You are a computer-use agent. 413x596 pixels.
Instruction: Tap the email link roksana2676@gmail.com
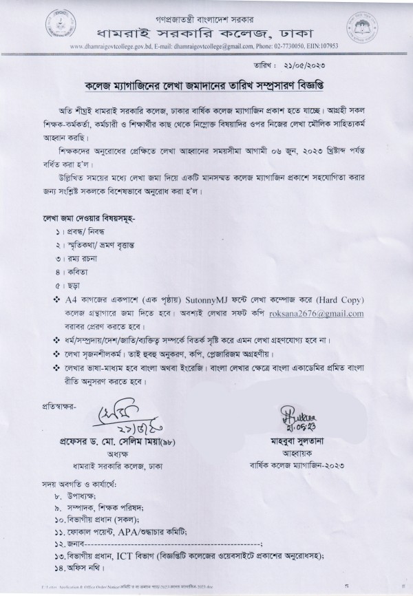click(326, 313)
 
